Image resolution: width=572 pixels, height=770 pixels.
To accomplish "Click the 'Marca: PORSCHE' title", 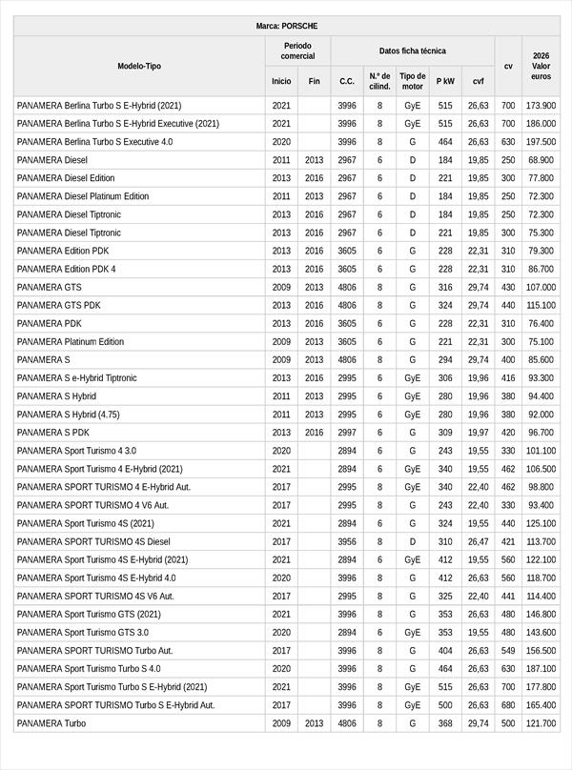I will [286, 26].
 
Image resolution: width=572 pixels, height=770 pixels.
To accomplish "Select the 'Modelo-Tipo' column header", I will [139, 66].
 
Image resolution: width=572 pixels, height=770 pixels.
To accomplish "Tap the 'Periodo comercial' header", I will [297, 51].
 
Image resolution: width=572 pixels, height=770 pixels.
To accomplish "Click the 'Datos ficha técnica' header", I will [412, 51].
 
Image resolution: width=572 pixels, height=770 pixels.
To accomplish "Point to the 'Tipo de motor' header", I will [413, 81].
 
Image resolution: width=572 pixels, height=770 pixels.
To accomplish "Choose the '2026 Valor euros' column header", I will [541, 66].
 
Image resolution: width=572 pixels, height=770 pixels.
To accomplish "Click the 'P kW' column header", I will [445, 82].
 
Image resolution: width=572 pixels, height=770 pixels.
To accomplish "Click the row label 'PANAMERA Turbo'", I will [51, 723].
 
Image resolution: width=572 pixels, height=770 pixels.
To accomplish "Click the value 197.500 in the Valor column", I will [541, 142].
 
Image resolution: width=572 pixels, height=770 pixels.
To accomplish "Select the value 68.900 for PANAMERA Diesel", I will [541, 160].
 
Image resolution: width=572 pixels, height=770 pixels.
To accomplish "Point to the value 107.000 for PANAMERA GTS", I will [541, 287].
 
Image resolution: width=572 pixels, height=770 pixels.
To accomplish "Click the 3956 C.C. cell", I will [347, 541].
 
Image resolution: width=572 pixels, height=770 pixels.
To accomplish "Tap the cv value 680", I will [508, 705].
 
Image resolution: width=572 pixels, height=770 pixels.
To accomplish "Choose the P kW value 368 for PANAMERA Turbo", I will [445, 723].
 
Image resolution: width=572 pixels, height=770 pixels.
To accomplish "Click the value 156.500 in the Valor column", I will [541, 651].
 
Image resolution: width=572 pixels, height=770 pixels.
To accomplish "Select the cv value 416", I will [508, 378].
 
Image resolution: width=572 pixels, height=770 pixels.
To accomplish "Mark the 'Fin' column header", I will [314, 82].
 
